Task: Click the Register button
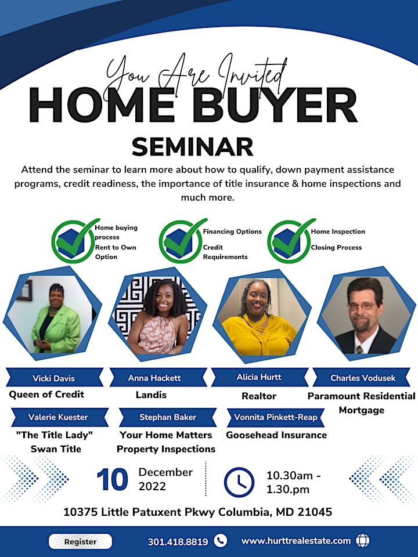pyautogui.click(x=80, y=541)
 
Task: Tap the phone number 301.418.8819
pyautogui.click(x=178, y=542)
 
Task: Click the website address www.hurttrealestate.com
pyautogui.click(x=296, y=541)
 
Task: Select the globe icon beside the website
pyautogui.click(x=362, y=541)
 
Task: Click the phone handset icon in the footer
pyautogui.click(x=221, y=541)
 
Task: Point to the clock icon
pyautogui.click(x=239, y=482)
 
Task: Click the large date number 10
pyautogui.click(x=112, y=480)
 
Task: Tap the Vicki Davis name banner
pyautogui.click(x=55, y=377)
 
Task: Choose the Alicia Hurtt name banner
pyautogui.click(x=260, y=377)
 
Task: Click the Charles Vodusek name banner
pyautogui.click(x=362, y=377)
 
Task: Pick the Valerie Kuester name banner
pyautogui.click(x=59, y=417)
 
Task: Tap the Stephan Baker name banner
pyautogui.click(x=168, y=417)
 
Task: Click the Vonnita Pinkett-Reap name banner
pyautogui.click(x=275, y=417)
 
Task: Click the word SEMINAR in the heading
pyautogui.click(x=192, y=146)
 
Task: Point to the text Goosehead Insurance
pyautogui.click(x=276, y=435)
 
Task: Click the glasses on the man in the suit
pyautogui.click(x=362, y=306)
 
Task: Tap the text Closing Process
pyautogui.click(x=336, y=247)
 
